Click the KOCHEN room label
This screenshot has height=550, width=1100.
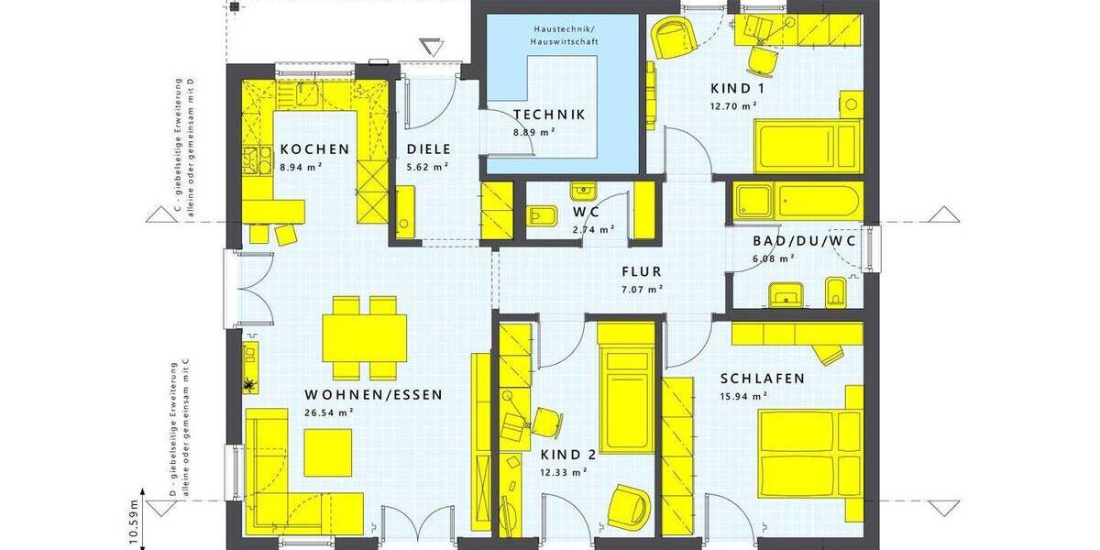(x=314, y=149)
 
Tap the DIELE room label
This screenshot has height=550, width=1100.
(x=427, y=149)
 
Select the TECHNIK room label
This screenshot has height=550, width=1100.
(x=549, y=115)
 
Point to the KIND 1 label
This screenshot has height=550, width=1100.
(x=737, y=89)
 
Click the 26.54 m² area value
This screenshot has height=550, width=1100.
(x=329, y=412)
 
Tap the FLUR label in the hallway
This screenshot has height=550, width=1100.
(x=641, y=272)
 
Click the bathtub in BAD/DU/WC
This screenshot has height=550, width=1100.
(x=796, y=199)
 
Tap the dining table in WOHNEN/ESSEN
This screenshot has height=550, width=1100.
(x=365, y=337)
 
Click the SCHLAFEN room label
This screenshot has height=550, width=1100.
(x=763, y=379)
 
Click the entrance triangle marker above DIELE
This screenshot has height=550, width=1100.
(x=429, y=47)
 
